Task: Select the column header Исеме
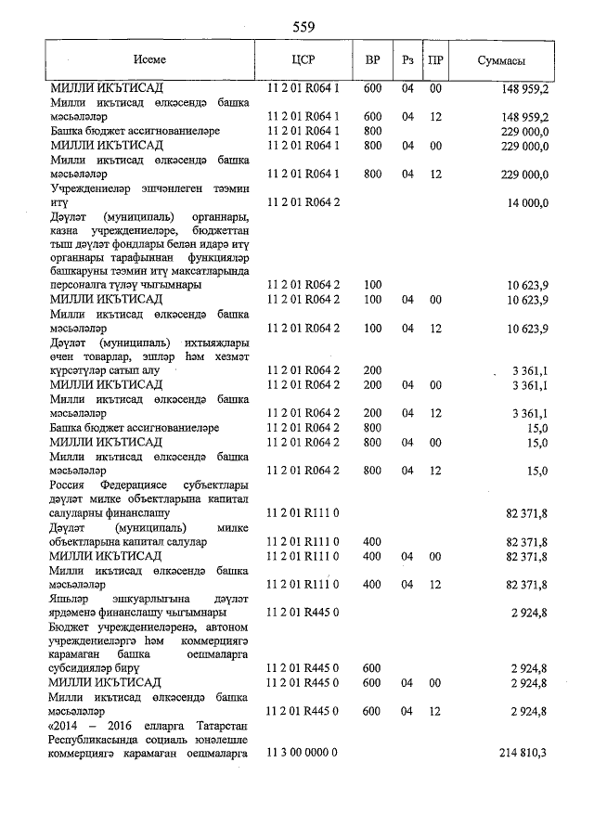click(x=149, y=60)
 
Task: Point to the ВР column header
click(x=372, y=60)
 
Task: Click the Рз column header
click(x=407, y=60)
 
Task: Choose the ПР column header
click(x=434, y=60)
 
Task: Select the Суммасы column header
click(x=501, y=60)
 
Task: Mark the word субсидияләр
click(x=84, y=667)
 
